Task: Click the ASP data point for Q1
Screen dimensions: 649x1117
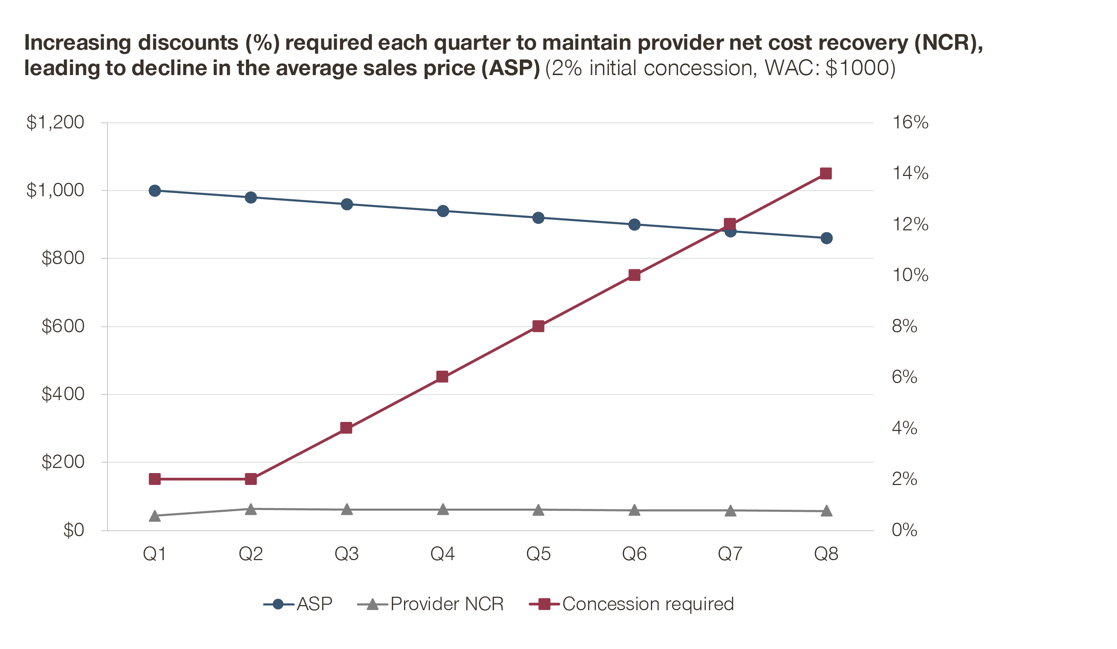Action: pyautogui.click(x=155, y=191)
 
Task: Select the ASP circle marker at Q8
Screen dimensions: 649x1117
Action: pyautogui.click(x=826, y=238)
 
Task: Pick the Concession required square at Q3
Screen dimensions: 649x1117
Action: pyautogui.click(x=346, y=428)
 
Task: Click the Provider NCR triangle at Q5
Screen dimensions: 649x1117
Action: pyautogui.click(x=538, y=510)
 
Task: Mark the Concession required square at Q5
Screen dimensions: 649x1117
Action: pyautogui.click(x=538, y=326)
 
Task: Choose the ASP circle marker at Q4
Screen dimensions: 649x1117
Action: pyautogui.click(x=443, y=211)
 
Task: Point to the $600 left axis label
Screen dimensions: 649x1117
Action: pyautogui.click(x=62, y=326)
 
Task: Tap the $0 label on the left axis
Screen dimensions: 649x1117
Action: pyautogui.click(x=74, y=530)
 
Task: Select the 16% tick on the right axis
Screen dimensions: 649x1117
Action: pyautogui.click(x=910, y=122)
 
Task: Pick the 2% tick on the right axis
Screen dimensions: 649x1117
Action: pyautogui.click(x=904, y=479)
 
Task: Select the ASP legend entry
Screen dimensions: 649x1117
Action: pyautogui.click(x=298, y=604)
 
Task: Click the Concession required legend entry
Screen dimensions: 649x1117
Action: pyautogui.click(x=632, y=604)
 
